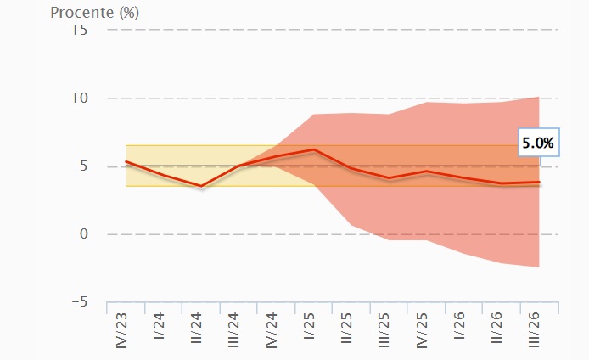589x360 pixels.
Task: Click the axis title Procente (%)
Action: tap(95, 13)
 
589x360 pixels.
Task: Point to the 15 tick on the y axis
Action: tap(81, 30)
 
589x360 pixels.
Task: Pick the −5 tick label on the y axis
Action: tap(79, 301)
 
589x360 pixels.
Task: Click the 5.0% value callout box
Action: tap(537, 143)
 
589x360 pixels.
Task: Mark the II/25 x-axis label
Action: tap(348, 327)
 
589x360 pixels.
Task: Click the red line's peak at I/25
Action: tap(315, 149)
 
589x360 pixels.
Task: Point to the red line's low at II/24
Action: tap(201, 186)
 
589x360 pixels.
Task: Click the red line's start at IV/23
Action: tap(126, 161)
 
